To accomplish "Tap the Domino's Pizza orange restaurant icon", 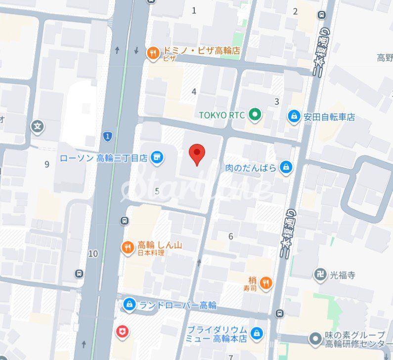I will coord(153,51).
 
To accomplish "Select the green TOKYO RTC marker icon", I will coord(255,115).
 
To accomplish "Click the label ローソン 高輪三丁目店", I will coord(104,158).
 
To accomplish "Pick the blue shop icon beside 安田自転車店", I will coord(294,117).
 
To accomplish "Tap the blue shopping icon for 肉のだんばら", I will coord(286,167).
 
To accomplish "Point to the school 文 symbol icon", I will coord(38,127).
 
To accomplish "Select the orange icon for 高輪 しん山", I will coord(128,247).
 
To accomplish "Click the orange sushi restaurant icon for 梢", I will coord(266,282).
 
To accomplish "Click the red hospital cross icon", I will coord(122,331).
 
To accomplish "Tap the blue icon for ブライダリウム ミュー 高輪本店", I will coord(256,334).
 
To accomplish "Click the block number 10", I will coord(93,254).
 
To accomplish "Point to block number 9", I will coord(47,164).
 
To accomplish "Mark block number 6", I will coord(230,236).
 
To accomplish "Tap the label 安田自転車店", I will coord(329,117).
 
